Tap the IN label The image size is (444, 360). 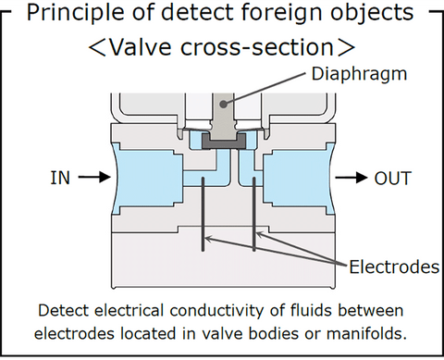pos(59,178)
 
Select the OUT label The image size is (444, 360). pos(392,178)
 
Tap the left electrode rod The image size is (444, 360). pos(203,213)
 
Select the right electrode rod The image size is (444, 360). pos(253,213)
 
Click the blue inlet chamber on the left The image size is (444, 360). pos(143,176)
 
